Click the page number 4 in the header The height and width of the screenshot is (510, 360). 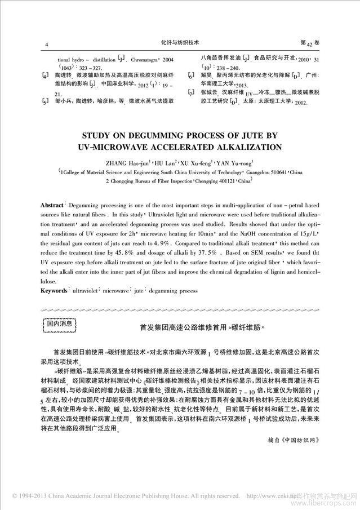coord(46,43)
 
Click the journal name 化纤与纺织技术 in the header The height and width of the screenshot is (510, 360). coord(180,42)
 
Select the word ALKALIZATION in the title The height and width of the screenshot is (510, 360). coord(242,148)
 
